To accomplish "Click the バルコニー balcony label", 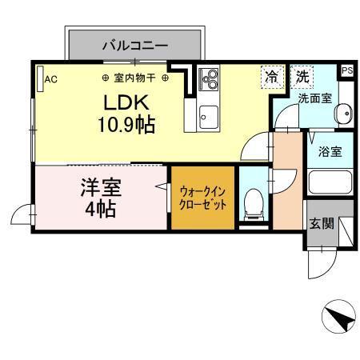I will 134,46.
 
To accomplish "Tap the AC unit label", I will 50,79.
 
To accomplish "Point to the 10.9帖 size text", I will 127,125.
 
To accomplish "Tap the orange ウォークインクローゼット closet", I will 203,198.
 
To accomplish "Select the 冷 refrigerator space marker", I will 272,77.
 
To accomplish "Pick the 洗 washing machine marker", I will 302,77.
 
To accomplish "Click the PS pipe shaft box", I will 346,71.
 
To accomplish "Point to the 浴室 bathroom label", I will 330,150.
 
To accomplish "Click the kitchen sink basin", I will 209,112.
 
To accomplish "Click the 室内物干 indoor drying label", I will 135,78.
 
